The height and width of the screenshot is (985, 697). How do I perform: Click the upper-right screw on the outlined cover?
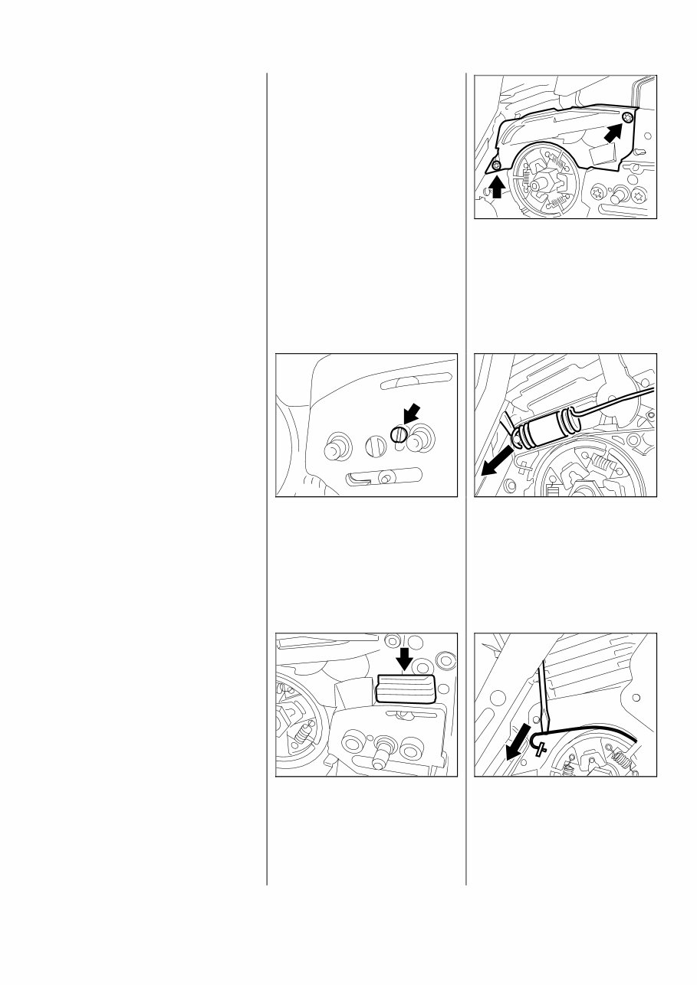pyautogui.click(x=628, y=116)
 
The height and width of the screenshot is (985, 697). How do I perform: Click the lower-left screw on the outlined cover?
pyautogui.click(x=496, y=165)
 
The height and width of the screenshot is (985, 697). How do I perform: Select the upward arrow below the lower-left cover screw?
pyautogui.click(x=497, y=186)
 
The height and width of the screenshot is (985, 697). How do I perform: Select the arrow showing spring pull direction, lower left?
pyautogui.click(x=492, y=467)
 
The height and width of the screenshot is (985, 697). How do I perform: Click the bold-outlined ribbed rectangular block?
pyautogui.click(x=406, y=689)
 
